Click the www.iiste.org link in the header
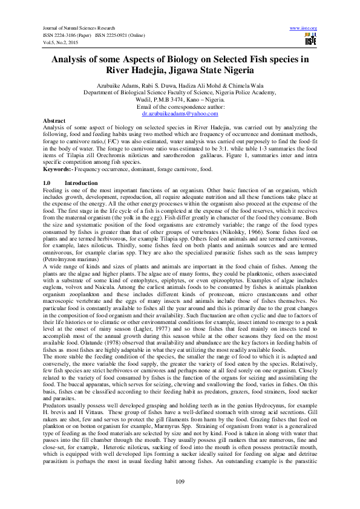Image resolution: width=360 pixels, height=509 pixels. (x=304, y=28)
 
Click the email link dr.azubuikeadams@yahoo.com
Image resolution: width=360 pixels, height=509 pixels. (x=180, y=113)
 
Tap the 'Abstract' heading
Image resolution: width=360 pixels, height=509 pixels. (x=54, y=121)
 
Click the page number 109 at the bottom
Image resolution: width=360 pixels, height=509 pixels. (x=180, y=481)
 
